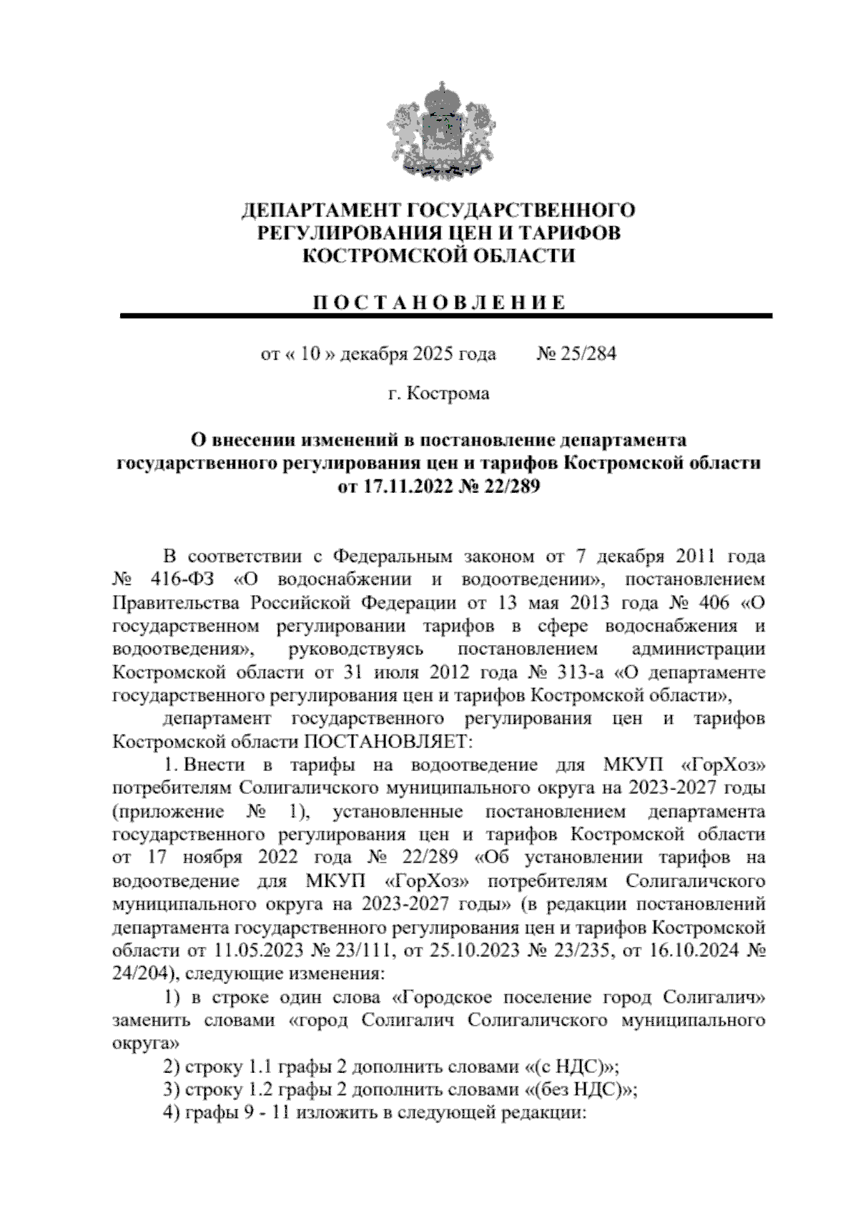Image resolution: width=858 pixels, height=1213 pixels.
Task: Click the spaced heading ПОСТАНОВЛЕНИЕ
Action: (x=440, y=302)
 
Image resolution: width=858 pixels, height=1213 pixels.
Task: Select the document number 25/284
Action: (x=577, y=354)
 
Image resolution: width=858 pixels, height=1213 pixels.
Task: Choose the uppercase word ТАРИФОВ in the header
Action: (x=570, y=232)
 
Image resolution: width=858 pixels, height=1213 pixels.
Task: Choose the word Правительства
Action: (x=172, y=601)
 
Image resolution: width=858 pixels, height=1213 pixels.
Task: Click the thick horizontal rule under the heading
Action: (x=446, y=315)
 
